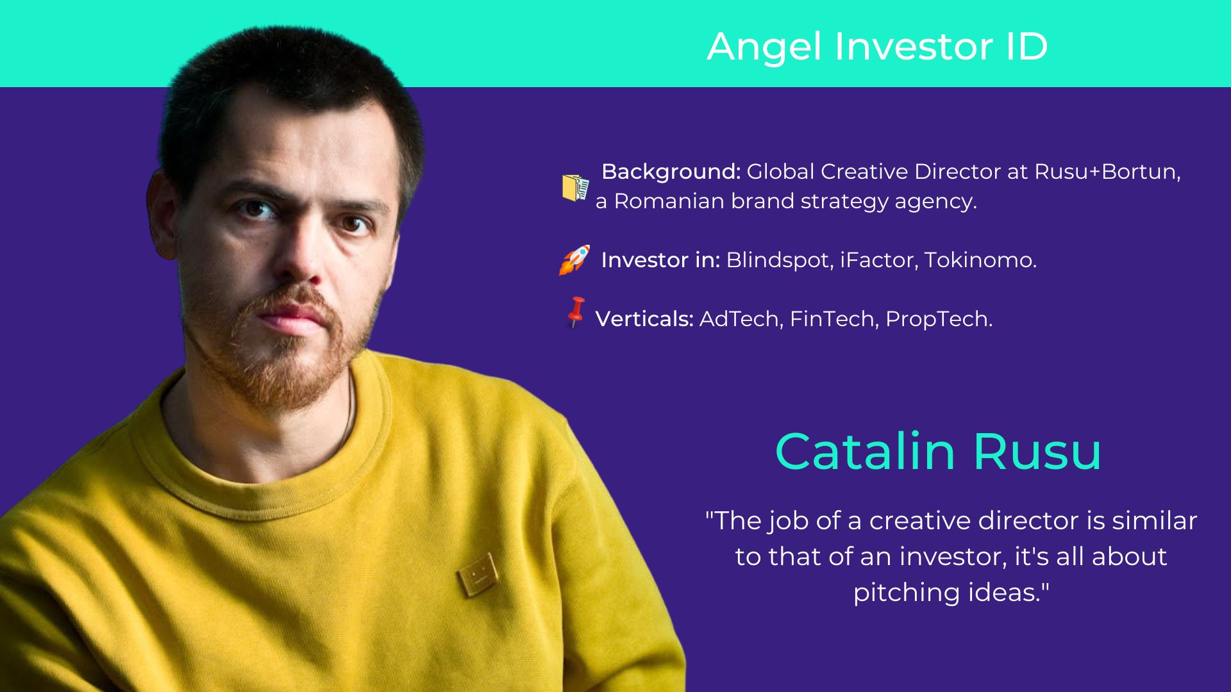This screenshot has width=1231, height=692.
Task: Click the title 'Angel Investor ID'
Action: tap(877, 46)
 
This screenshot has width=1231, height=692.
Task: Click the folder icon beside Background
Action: tap(575, 188)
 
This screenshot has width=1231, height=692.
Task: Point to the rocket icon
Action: tap(574, 259)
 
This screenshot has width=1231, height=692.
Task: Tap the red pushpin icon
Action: tap(576, 312)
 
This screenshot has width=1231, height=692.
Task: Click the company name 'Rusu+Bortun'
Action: tap(1107, 172)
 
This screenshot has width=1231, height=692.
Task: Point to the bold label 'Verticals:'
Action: tap(644, 319)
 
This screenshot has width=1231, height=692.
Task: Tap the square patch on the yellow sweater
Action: tap(477, 573)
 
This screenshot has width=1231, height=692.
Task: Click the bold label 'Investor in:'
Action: tap(660, 260)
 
